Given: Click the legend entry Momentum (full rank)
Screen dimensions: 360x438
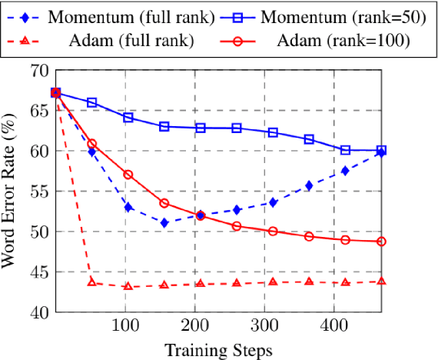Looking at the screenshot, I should tap(114, 15).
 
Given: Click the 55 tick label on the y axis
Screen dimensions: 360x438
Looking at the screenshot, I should tap(40, 192).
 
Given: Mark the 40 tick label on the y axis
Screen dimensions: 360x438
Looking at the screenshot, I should tap(40, 312).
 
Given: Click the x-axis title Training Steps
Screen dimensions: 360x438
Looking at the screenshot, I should tap(218, 350).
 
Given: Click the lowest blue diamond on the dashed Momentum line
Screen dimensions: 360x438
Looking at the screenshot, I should tap(164, 222).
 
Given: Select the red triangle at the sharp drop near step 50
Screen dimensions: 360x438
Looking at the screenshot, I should tap(92, 282).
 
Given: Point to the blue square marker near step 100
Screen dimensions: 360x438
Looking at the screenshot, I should tap(128, 118).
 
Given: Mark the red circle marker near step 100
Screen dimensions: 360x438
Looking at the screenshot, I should tap(128, 175).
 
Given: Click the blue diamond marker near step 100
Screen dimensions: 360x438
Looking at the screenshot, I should tap(128, 207).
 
